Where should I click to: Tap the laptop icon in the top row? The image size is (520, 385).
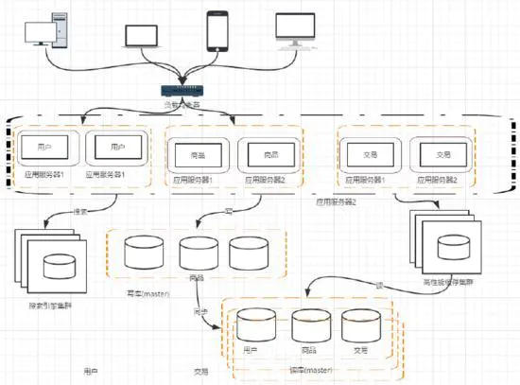[x=143, y=35]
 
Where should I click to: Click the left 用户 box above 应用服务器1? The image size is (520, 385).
[x=43, y=149]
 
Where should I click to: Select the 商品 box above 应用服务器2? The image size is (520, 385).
[x=268, y=153]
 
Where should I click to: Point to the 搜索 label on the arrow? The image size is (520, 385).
[x=81, y=210]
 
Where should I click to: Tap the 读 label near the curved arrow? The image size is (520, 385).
[x=379, y=284]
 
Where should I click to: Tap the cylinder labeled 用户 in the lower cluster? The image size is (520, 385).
[x=251, y=326]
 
